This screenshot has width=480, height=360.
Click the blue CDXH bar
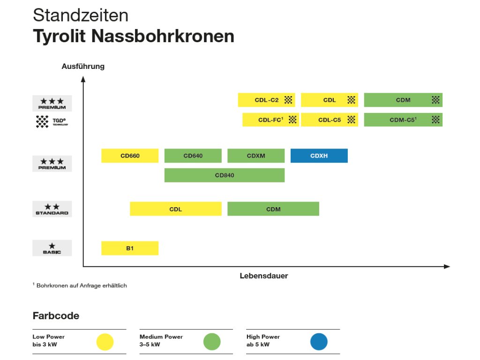pos(319,156)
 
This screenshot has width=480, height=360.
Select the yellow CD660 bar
pos(130,156)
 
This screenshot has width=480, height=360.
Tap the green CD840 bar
pos(224,175)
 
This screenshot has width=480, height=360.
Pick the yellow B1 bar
pos(130,248)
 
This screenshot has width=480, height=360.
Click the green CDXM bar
pos(256,156)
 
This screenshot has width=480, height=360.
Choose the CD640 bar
pos(193,156)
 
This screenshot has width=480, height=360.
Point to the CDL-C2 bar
pos(266,100)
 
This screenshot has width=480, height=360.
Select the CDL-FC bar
pos(270,120)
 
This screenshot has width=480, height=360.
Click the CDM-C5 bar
pos(403,120)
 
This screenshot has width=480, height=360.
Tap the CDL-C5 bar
pos(329,120)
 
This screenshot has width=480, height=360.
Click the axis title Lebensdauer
pos(264,276)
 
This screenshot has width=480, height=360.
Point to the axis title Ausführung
pos(83,67)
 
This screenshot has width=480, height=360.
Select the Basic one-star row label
pos(52,248)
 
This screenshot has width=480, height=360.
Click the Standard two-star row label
pos(52,209)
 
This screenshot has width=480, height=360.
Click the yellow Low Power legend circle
pos(105,342)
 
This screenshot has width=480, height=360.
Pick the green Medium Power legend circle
pos(212,342)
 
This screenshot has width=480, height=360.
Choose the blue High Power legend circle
pos(319,342)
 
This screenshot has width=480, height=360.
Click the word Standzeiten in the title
pos(81,15)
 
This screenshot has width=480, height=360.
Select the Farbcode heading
pos(56,315)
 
